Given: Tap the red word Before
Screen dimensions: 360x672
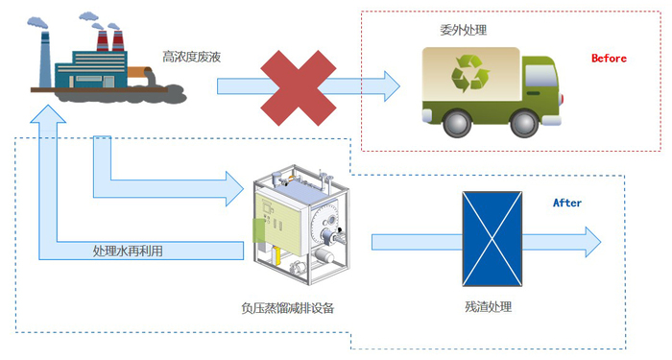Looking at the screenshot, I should pos(608,59).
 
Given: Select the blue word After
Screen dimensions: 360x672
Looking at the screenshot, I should pos(567,203).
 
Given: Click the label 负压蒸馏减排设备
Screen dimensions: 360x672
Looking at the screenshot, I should pos(288,308).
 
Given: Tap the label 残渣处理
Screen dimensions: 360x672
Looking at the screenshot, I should pos(488,307).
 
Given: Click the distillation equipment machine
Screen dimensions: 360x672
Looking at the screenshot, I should pos(298,223).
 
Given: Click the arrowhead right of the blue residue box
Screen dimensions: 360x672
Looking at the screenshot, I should pos(588,241).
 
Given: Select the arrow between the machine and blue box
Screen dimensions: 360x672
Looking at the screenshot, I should pos(413,241).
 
